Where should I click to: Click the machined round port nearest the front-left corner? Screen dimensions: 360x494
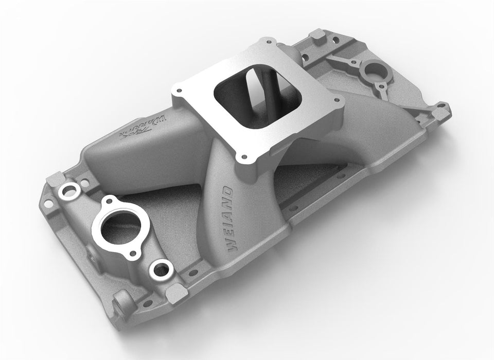69,192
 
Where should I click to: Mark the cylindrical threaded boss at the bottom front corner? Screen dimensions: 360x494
121,301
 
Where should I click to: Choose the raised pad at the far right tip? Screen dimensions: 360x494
442,110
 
